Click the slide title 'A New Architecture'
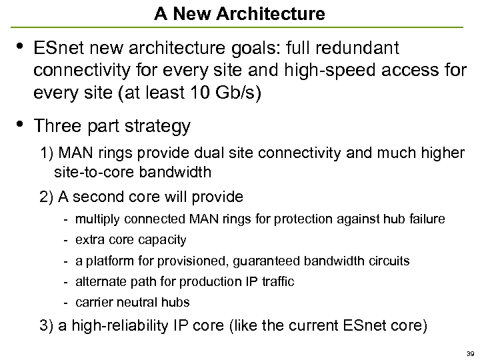pos(239,13)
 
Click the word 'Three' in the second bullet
pos(55,126)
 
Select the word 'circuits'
pos(388,261)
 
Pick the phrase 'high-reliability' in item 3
pos(114,326)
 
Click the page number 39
pos(470,353)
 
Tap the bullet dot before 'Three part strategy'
pos(19,123)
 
